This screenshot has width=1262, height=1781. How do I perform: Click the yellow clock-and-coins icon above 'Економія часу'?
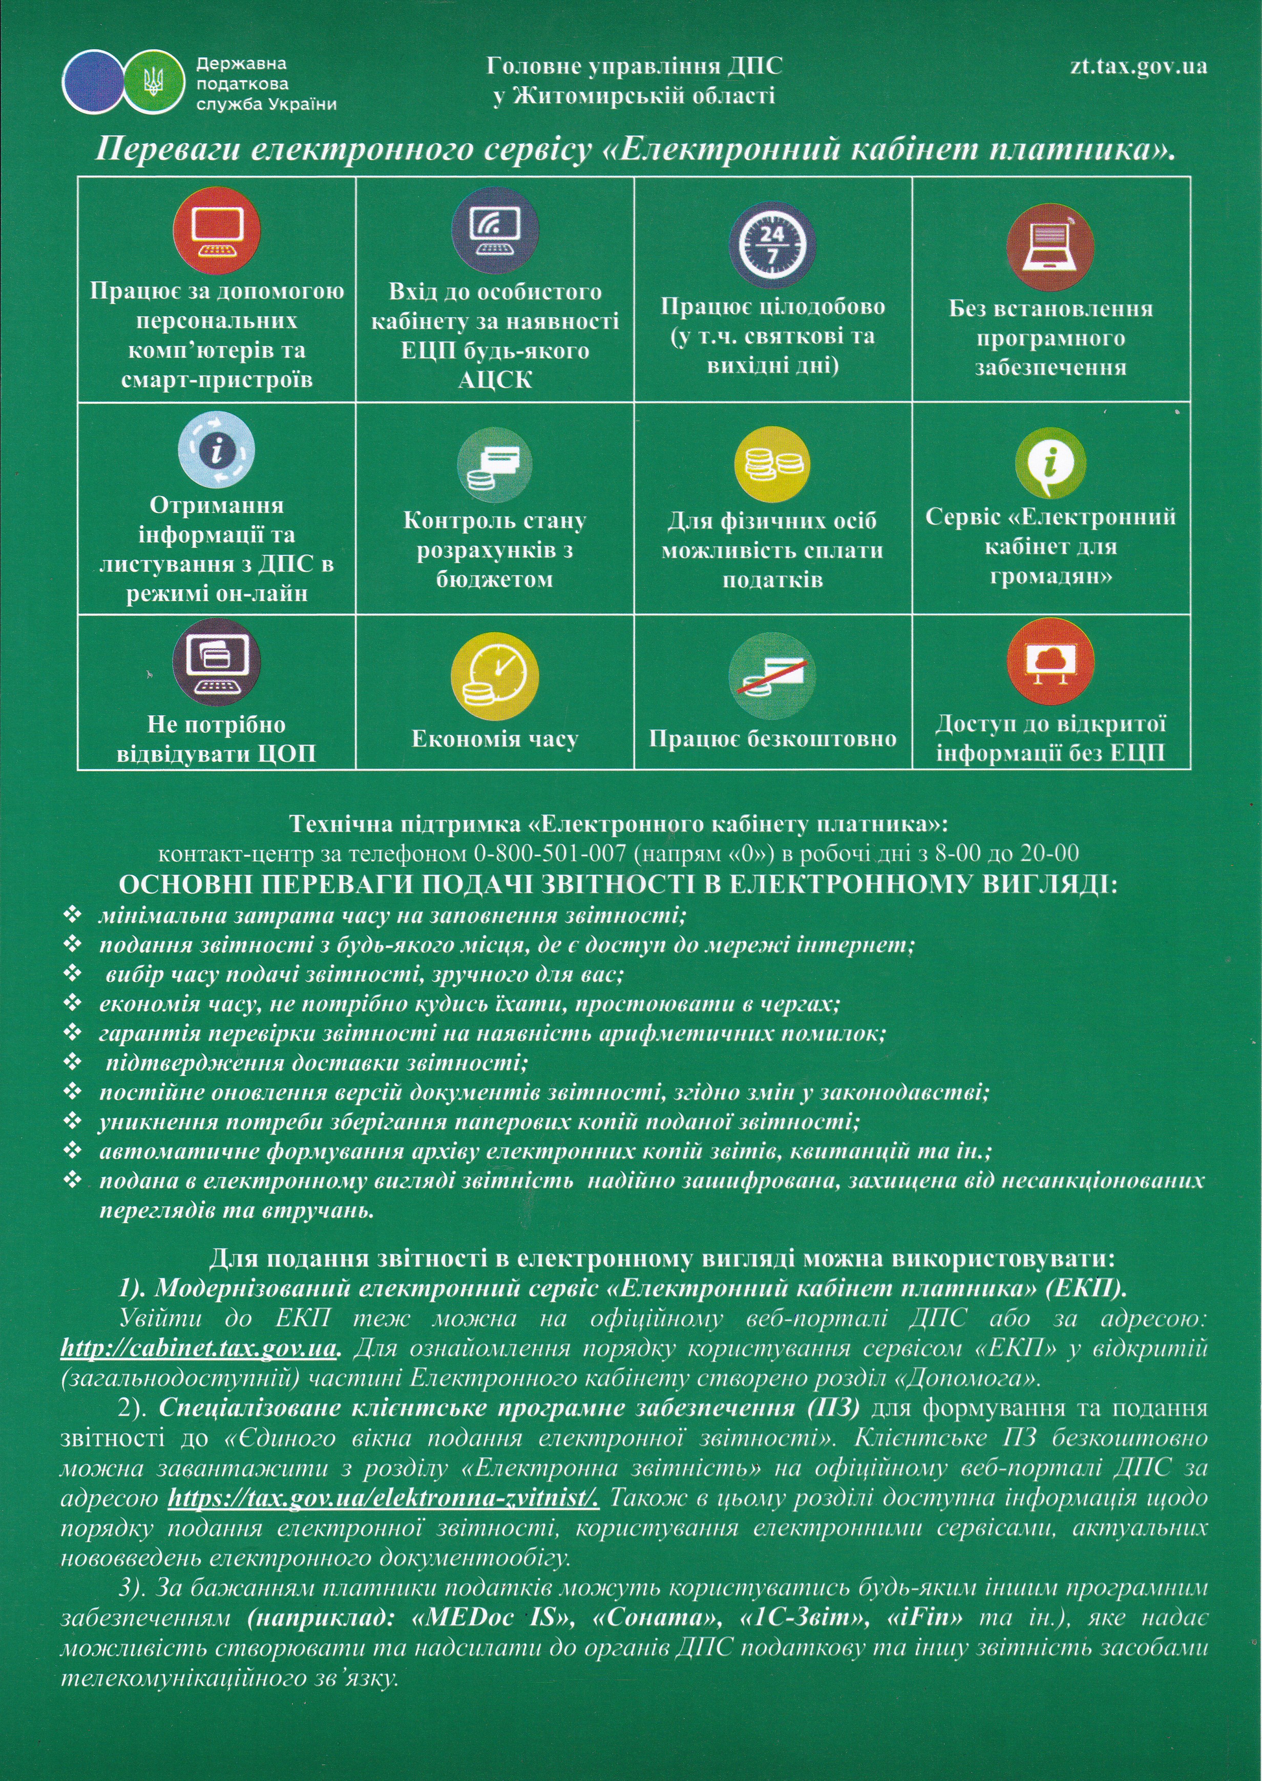pyautogui.click(x=495, y=675)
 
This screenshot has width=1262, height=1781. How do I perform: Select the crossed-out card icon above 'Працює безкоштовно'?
pyautogui.click(x=772, y=675)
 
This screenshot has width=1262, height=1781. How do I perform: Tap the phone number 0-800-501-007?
pyautogui.click(x=550, y=854)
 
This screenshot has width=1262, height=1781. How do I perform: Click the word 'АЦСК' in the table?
pyautogui.click(x=495, y=380)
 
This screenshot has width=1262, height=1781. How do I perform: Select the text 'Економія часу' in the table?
pyautogui.click(x=495, y=738)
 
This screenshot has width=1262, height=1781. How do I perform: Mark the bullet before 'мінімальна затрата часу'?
pyautogui.click(x=72, y=914)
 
